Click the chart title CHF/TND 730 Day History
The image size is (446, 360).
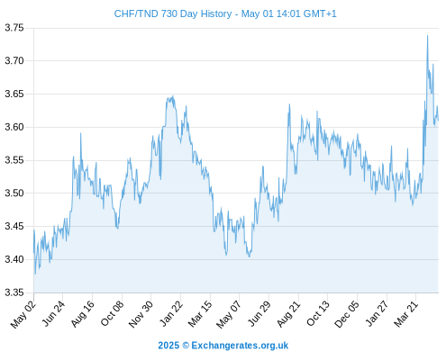coord(173,13)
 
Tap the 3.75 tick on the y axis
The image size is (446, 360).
coord(14,28)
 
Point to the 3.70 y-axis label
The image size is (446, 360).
coord(14,61)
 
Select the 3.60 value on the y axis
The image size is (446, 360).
coord(14,127)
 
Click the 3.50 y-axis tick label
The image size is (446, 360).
coord(14,193)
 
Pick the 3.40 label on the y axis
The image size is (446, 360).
coord(14,259)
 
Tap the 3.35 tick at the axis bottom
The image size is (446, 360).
coord(14,292)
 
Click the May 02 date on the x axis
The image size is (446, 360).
coord(23,314)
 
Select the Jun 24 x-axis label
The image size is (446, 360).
coord(53,314)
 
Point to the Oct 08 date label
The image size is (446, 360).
coord(112,314)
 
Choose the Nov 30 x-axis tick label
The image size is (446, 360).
coord(141,314)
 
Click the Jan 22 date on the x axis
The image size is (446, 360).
coord(171,314)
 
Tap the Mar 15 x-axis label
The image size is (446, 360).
coord(200,314)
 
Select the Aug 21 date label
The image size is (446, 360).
coord(288,314)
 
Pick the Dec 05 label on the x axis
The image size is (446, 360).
coord(347,314)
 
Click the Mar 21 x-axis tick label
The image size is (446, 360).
coord(406,314)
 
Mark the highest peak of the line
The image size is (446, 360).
coord(427,35)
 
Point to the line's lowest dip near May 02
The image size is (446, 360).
coord(35,274)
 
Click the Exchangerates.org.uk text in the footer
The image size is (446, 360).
coord(240,346)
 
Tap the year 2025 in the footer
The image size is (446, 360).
coord(168,346)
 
